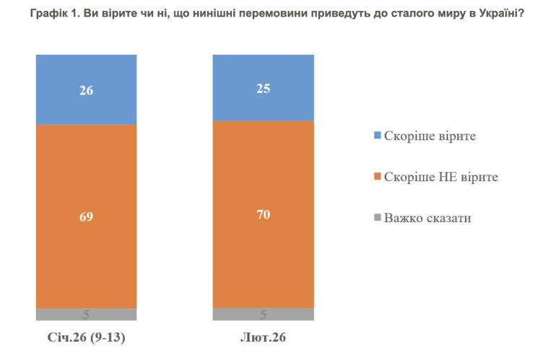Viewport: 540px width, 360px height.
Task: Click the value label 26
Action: pyautogui.click(x=87, y=90)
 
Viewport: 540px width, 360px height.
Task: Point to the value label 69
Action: pyautogui.click(x=87, y=216)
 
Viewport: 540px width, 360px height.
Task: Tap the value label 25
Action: pyautogui.click(x=264, y=87)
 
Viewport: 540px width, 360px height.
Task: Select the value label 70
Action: pyautogui.click(x=264, y=214)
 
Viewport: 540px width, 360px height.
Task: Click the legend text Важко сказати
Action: pyautogui.click(x=427, y=217)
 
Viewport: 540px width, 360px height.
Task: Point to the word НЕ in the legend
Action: pyautogui.click(x=445, y=177)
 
